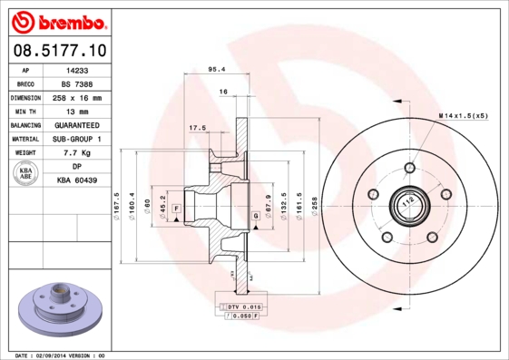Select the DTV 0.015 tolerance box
coord(239,308)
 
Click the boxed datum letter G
coord(256,215)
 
